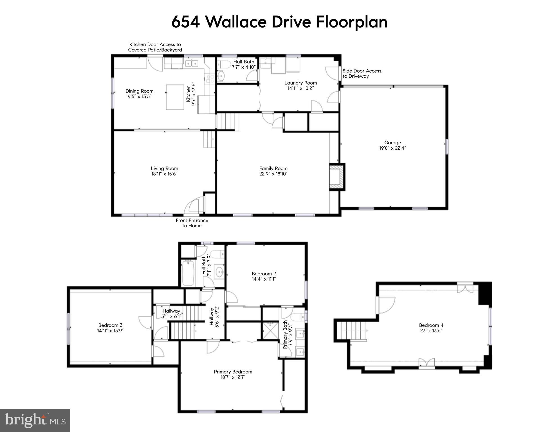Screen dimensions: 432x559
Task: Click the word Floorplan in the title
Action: (352, 22)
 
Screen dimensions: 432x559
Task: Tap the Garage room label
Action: (392, 143)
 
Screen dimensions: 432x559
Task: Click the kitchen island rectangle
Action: (175, 97)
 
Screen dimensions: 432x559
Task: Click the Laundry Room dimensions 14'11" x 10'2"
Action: (300, 88)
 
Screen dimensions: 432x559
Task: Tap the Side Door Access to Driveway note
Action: (362, 73)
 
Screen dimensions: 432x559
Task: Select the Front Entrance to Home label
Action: (192, 223)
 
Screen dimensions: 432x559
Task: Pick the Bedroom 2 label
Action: (264, 274)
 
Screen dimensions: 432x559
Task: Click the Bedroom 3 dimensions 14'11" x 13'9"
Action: (110, 331)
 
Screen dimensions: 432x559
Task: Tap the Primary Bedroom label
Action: (233, 372)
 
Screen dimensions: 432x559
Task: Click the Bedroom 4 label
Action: (431, 325)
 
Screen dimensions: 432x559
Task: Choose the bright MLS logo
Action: (35, 420)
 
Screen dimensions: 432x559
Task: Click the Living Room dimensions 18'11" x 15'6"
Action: (164, 174)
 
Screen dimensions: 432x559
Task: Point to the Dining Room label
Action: (139, 91)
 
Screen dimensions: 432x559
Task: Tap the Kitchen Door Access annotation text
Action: (155, 47)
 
